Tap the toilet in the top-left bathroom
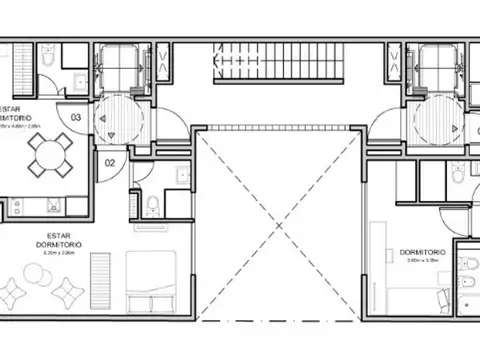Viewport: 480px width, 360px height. point(47,61)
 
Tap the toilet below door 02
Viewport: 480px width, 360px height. point(149,207)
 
